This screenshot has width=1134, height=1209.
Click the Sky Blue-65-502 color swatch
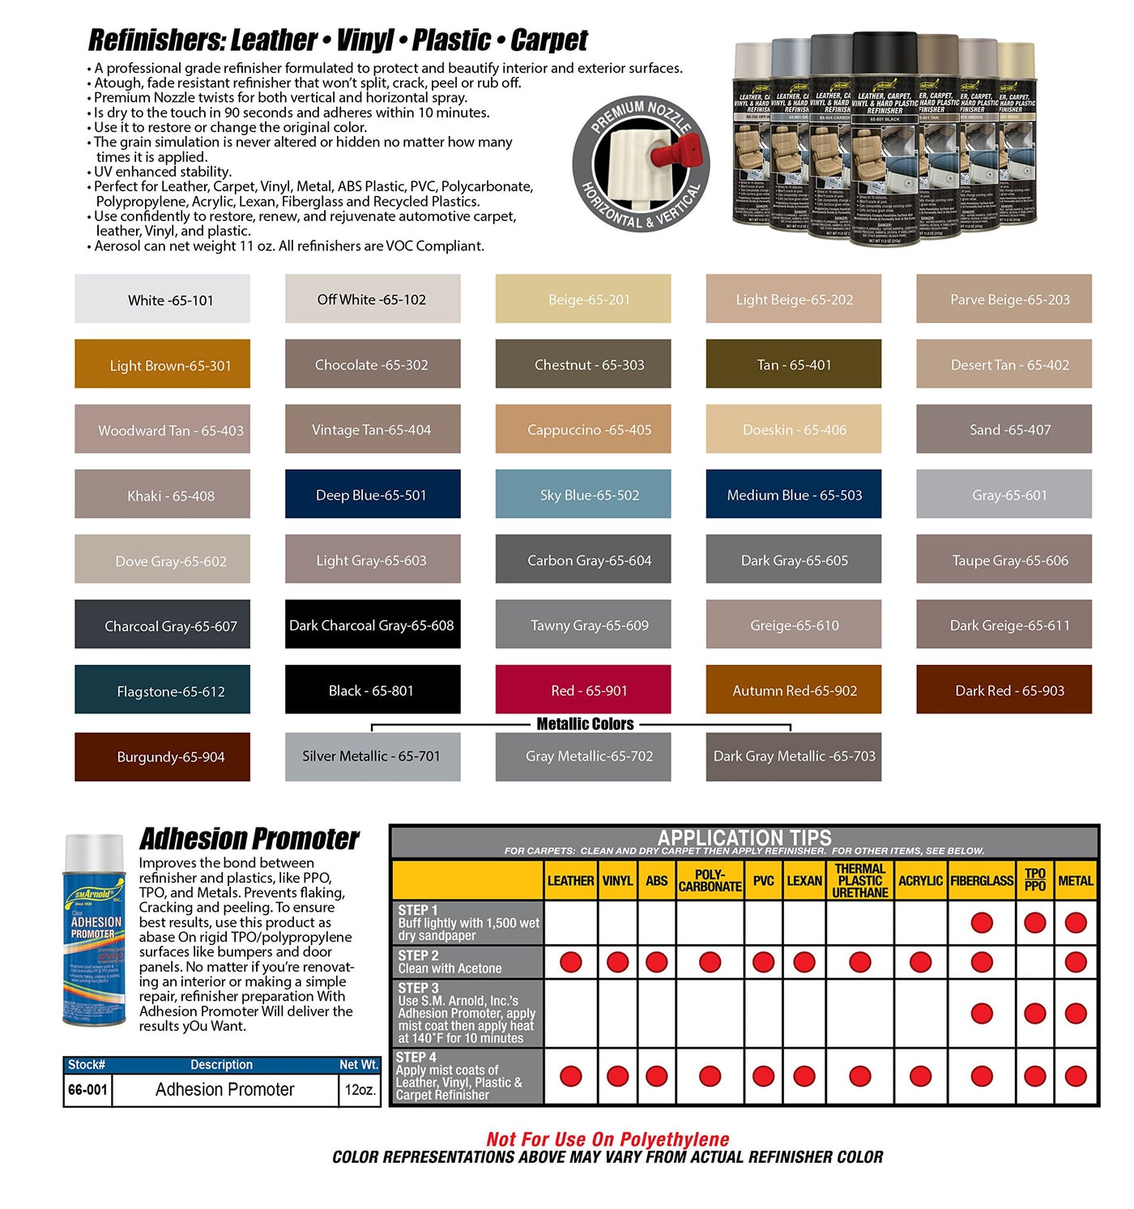point(583,494)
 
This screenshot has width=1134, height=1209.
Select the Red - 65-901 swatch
point(583,689)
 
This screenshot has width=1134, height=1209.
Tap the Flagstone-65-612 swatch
point(162,689)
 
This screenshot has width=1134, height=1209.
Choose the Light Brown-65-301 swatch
point(162,364)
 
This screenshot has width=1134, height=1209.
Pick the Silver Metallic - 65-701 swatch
point(373,756)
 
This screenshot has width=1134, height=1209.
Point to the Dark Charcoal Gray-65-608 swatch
point(373,624)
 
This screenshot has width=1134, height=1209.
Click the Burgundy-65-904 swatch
point(162,756)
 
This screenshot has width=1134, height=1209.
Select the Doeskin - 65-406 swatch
point(794,428)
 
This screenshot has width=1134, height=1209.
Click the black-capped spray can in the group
point(884,138)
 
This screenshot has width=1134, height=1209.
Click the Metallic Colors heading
point(585,724)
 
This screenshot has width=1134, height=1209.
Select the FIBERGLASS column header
point(982,880)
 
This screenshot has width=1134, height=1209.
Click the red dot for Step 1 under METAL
point(1076,922)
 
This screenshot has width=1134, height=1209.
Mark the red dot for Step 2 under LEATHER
point(571,962)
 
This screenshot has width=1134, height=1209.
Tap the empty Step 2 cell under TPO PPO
point(1035,962)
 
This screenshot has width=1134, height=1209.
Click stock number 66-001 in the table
point(87,1090)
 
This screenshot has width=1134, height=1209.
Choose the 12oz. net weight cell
point(360,1090)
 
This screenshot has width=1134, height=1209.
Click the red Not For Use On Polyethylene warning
point(607,1139)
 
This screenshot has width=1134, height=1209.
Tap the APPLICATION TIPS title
point(744,837)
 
